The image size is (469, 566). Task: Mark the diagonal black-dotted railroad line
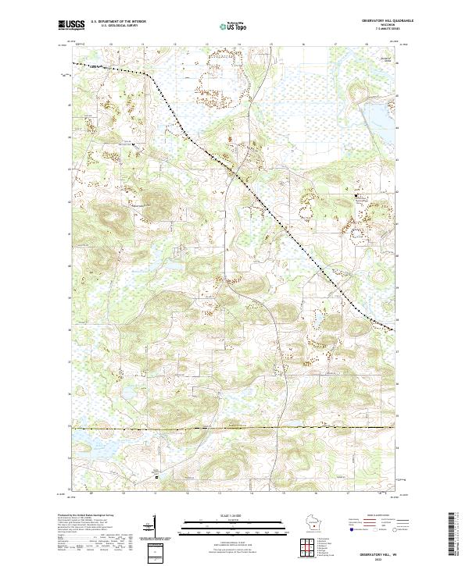(258, 195)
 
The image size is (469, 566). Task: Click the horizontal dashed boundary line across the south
(234, 428)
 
